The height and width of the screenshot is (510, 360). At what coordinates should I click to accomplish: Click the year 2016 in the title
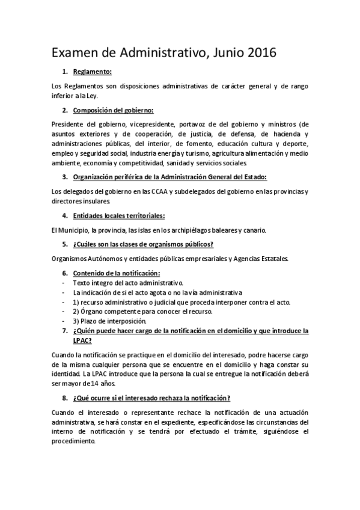(258, 53)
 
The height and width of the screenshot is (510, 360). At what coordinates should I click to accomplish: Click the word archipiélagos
(195, 230)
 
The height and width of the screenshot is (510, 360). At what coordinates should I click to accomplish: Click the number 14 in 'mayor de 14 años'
(87, 384)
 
